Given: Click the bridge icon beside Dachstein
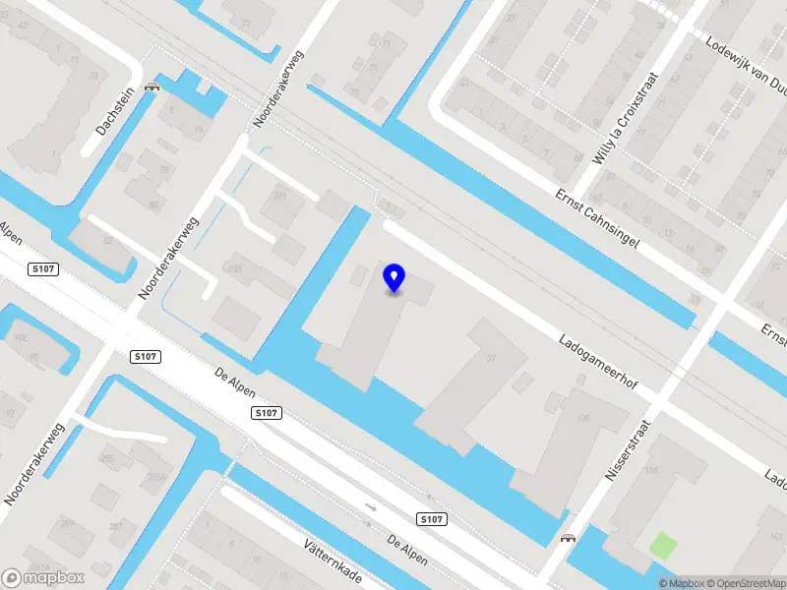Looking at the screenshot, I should [151, 87].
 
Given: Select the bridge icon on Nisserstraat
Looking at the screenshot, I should [567, 538].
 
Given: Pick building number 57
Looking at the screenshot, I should [492, 357].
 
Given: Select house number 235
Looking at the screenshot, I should [234, 267].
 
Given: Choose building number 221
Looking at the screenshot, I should [279, 197].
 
